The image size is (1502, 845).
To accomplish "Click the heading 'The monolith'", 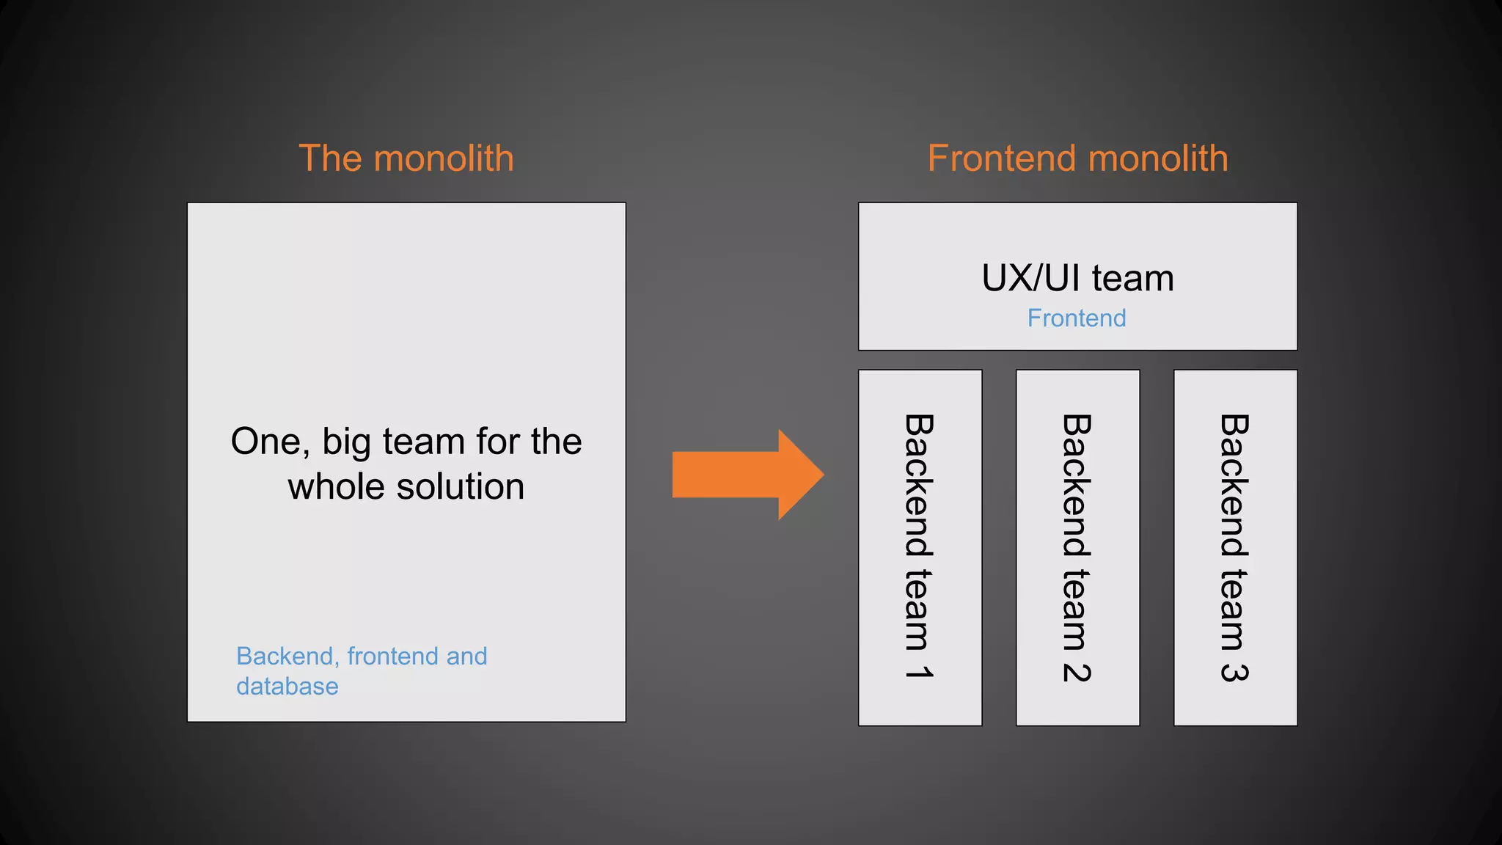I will tap(406, 158).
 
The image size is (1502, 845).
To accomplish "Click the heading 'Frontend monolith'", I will tap(1077, 158).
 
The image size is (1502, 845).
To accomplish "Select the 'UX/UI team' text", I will tap(1077, 279).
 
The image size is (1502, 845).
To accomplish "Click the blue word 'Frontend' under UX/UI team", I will tap(1076, 318).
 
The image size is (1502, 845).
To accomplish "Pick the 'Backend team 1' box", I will tap(920, 547).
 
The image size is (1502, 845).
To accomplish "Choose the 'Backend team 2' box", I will tap(1077, 547).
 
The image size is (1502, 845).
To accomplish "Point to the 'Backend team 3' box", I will tap(1235, 547).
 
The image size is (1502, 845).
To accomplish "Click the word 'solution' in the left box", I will tap(461, 487).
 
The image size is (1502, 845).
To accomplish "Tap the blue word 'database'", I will tap(287, 687).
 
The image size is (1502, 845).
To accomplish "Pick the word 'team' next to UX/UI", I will tap(1132, 279).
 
